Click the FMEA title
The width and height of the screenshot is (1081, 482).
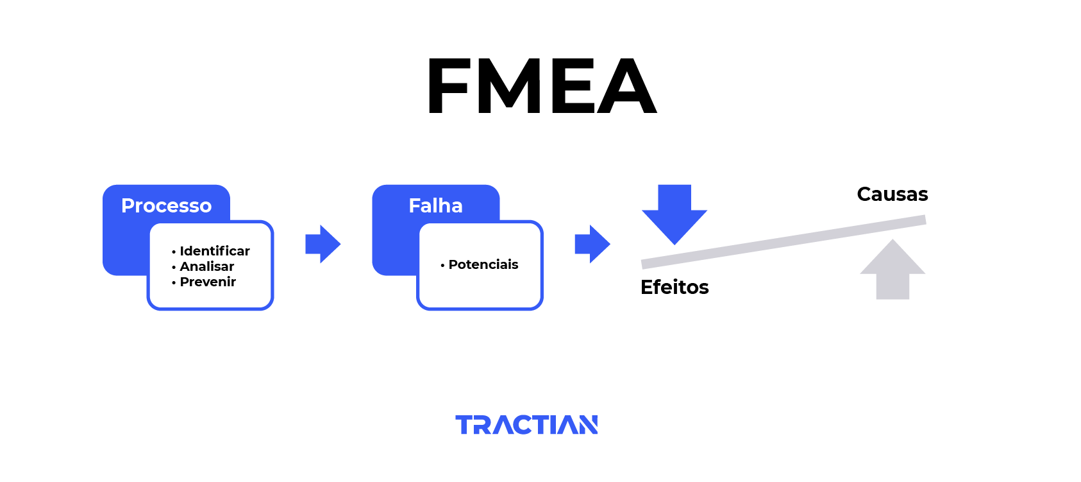542,86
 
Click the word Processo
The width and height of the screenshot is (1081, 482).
166,206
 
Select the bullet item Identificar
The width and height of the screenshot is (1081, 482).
210,251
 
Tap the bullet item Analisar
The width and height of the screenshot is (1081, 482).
203,266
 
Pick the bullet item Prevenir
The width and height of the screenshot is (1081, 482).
204,282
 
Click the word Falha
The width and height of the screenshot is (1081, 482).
435,206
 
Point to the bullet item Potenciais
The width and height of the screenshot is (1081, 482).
479,264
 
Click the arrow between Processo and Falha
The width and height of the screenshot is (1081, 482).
323,244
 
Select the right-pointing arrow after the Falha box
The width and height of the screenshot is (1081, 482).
592,244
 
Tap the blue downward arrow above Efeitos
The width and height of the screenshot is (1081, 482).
675,214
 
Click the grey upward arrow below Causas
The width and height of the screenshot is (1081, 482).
892,270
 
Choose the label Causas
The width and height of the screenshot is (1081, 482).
892,194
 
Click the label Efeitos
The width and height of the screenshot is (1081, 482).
675,288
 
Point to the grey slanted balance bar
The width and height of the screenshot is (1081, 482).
784,242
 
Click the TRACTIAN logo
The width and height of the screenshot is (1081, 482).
526,424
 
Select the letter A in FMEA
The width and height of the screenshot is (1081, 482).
626,86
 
